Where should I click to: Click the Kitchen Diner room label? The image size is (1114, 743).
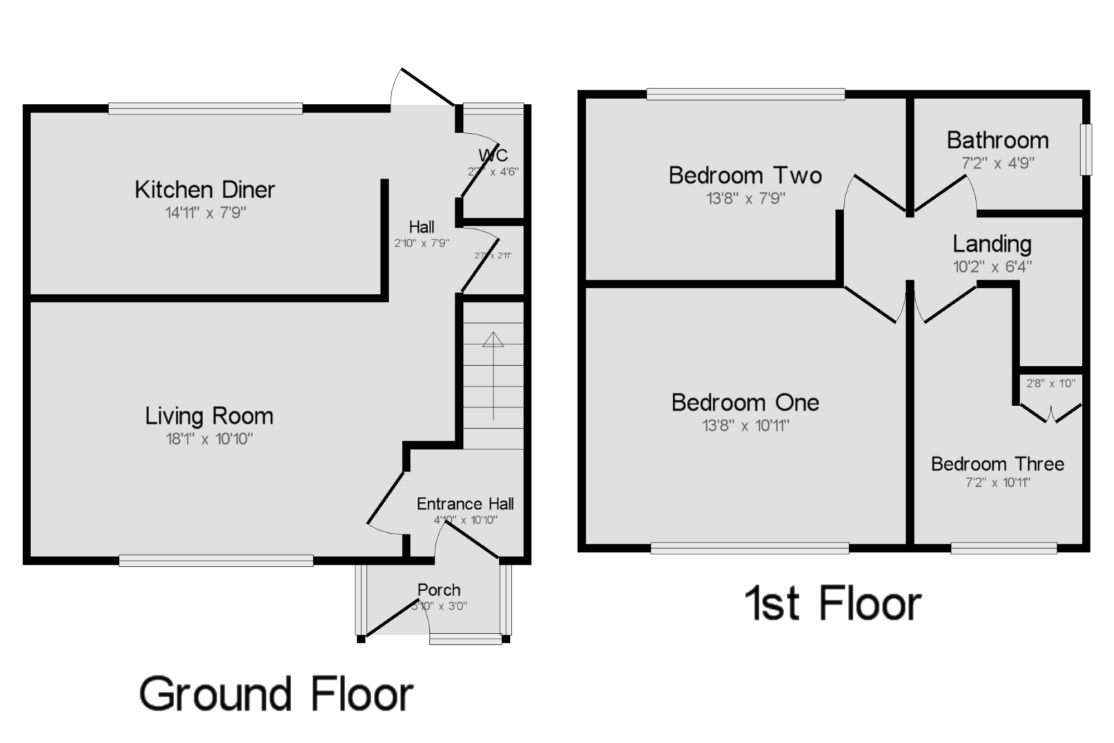[x=204, y=190]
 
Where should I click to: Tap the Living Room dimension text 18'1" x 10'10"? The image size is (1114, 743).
[x=209, y=439]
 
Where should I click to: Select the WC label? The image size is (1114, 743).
[x=493, y=155]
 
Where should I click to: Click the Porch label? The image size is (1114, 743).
[x=439, y=590]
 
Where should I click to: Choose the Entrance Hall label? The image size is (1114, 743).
[x=465, y=504]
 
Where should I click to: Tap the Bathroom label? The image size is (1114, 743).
[x=998, y=140]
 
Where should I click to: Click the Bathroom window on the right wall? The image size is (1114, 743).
[x=1086, y=149]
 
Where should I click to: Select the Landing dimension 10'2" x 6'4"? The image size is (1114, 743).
[x=992, y=267]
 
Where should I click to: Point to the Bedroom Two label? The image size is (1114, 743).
[x=745, y=176]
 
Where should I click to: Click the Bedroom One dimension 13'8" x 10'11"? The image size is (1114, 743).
[x=745, y=426]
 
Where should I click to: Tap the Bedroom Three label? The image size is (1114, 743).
[x=998, y=464]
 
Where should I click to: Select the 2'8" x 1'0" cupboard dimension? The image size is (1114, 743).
[x=1051, y=383]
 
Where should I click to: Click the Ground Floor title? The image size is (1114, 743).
[x=276, y=695]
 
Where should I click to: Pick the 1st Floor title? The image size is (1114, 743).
[x=833, y=604]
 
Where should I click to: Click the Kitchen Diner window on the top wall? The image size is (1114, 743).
[x=206, y=109]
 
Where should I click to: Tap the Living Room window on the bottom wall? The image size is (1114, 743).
[x=216, y=561]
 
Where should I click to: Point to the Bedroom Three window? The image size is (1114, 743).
[x=1004, y=549]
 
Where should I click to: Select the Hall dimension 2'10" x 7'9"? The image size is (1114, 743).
[x=422, y=244]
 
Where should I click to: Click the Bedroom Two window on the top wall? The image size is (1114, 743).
[x=745, y=94]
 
